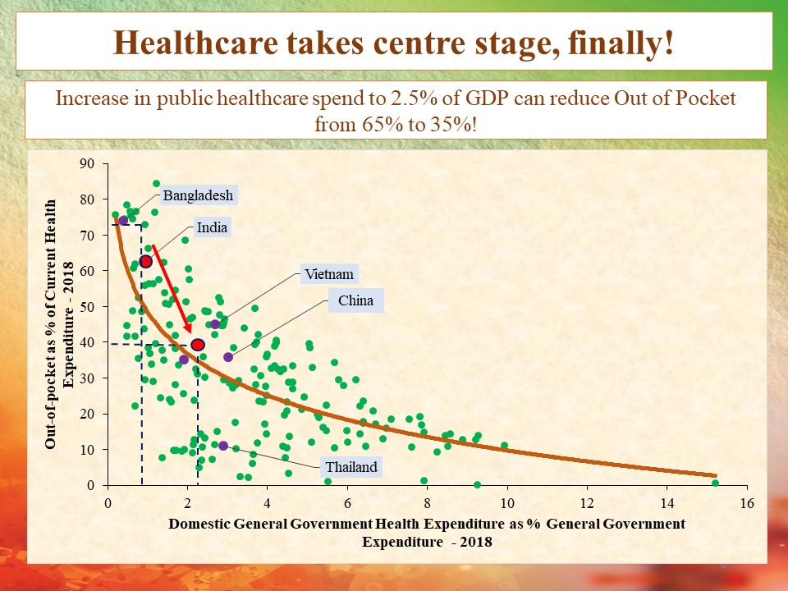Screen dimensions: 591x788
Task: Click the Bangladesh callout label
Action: (198, 195)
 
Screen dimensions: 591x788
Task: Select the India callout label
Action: (212, 227)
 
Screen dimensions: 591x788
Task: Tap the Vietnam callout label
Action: (328, 274)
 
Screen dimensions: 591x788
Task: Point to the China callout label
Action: (355, 300)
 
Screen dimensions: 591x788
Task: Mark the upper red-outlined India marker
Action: (146, 261)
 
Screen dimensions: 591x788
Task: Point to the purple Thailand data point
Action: (223, 446)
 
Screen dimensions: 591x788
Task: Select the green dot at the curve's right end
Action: (715, 483)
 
